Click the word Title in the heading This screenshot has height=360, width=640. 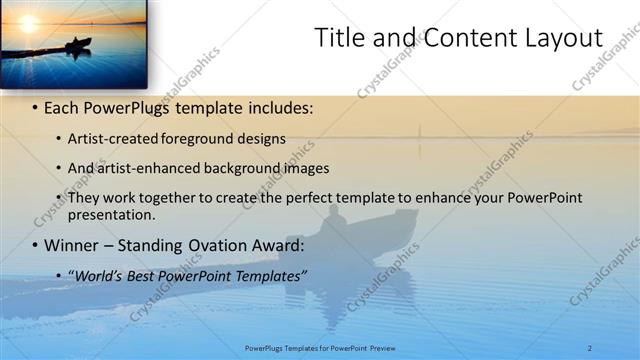339,38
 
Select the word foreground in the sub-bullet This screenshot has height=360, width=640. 199,137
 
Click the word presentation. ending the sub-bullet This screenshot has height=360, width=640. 110,214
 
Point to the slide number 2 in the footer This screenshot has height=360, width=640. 590,347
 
